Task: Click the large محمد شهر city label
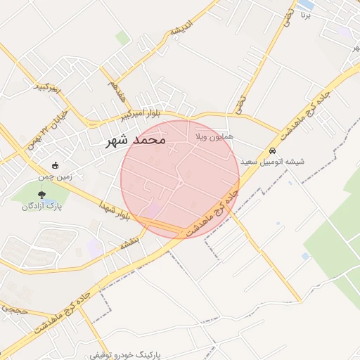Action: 135,140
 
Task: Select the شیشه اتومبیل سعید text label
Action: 273,162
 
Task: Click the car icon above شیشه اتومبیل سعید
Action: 273,150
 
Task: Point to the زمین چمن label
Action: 56,178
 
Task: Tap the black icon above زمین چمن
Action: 56,166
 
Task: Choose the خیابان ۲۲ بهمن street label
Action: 46,127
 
